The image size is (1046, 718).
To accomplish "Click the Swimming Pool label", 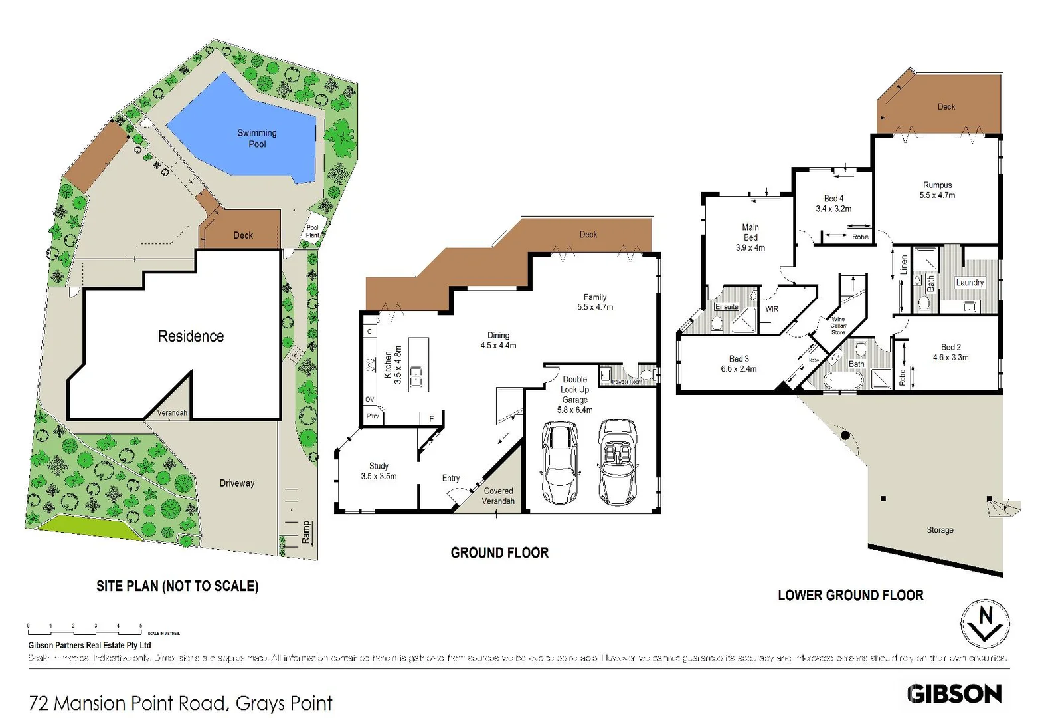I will pyautogui.click(x=257, y=138).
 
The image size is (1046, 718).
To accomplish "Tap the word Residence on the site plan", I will pyautogui.click(x=191, y=336).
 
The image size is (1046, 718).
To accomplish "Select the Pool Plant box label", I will pyautogui.click(x=312, y=231).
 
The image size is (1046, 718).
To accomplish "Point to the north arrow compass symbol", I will pyautogui.click(x=986, y=624).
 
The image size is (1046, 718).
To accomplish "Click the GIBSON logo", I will pyautogui.click(x=954, y=694).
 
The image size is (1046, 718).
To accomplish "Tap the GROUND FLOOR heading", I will pyautogui.click(x=499, y=553).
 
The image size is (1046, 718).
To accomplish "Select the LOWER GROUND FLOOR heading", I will pyautogui.click(x=850, y=596).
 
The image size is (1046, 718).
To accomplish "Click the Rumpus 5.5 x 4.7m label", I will pyautogui.click(x=937, y=190).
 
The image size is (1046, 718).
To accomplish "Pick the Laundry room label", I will pyautogui.click(x=970, y=283).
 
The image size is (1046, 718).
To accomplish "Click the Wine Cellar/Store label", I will pyautogui.click(x=838, y=326).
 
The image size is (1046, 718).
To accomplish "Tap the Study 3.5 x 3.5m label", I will pyautogui.click(x=379, y=471).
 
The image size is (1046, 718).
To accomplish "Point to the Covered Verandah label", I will pyautogui.click(x=498, y=496).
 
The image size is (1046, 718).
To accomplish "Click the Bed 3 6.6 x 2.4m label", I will pyautogui.click(x=739, y=364).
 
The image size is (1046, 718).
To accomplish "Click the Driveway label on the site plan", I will pyautogui.click(x=237, y=483).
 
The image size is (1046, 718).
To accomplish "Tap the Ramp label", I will pyautogui.click(x=305, y=532).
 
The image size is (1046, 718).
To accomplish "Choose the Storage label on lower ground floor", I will pyautogui.click(x=940, y=530).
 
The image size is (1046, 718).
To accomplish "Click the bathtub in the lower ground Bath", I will pyautogui.click(x=843, y=380).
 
